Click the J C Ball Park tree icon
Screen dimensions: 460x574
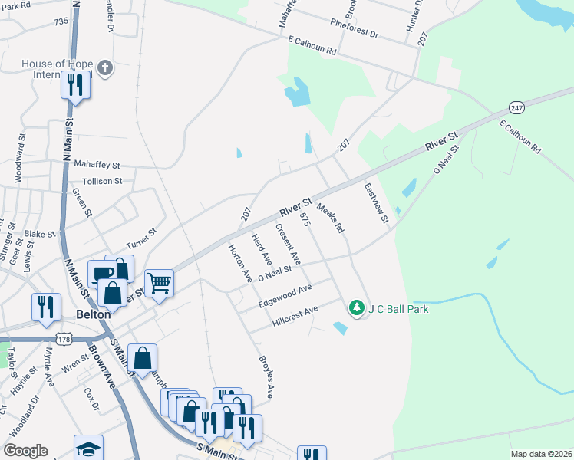[x=356, y=308]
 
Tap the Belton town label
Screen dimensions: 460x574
[x=94, y=314]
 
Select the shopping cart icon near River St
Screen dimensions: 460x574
[x=159, y=282]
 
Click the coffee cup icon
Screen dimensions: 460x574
[x=102, y=274]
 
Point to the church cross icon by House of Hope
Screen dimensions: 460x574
[x=105, y=68]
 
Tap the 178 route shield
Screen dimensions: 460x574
[x=65, y=337]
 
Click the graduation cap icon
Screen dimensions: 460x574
[x=88, y=448]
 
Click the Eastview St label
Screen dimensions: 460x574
[x=377, y=204]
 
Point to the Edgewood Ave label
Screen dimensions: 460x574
[x=285, y=296]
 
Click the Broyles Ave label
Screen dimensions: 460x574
[x=266, y=376]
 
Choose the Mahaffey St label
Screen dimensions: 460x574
[x=97, y=164]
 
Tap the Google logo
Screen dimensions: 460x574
[x=25, y=451]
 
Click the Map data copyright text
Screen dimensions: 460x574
[x=541, y=454]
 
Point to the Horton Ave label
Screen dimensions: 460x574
[x=239, y=263]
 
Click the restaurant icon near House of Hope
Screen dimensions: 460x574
[x=75, y=84]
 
